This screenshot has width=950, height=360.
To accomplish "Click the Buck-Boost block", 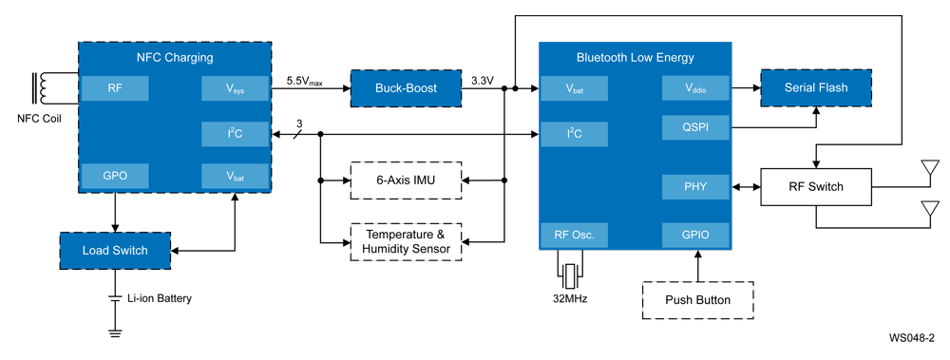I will [x=405, y=88].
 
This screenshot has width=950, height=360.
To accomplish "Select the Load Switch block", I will [x=116, y=250].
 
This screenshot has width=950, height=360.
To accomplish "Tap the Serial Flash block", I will [x=816, y=87].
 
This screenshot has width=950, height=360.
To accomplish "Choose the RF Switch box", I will [x=816, y=186].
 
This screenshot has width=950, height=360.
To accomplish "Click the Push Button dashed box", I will [x=698, y=300].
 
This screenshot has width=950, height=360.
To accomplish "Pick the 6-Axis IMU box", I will [x=406, y=180].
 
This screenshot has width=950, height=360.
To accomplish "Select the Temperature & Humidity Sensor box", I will [x=406, y=241].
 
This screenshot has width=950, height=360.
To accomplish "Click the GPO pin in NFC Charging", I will [x=115, y=176].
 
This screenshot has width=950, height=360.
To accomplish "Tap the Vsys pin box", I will [x=236, y=89].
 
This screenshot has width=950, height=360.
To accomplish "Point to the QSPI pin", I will [x=696, y=126].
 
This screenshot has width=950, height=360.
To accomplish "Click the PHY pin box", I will [x=696, y=187].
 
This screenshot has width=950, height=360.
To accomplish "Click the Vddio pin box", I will [x=696, y=89].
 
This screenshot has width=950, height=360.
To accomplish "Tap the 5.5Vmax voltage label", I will [x=305, y=82].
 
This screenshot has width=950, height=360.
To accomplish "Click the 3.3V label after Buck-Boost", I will [x=483, y=81].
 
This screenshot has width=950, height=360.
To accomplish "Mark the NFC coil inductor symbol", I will [x=42, y=88].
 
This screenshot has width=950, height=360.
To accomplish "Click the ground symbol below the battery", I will [x=115, y=332].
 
